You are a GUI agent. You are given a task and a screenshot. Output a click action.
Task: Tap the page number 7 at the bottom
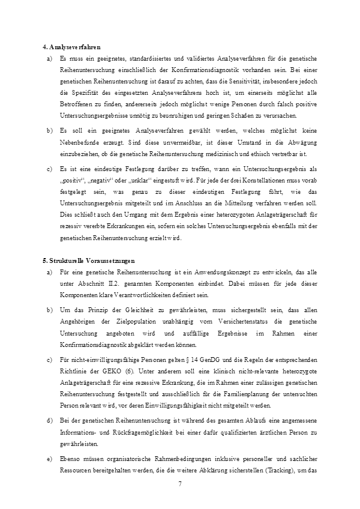click(x=180, y=484)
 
